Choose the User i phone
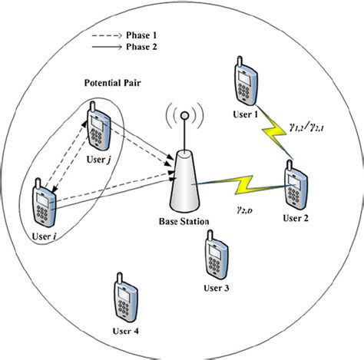pyautogui.click(x=44, y=203)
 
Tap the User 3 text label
pyautogui.click(x=215, y=288)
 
